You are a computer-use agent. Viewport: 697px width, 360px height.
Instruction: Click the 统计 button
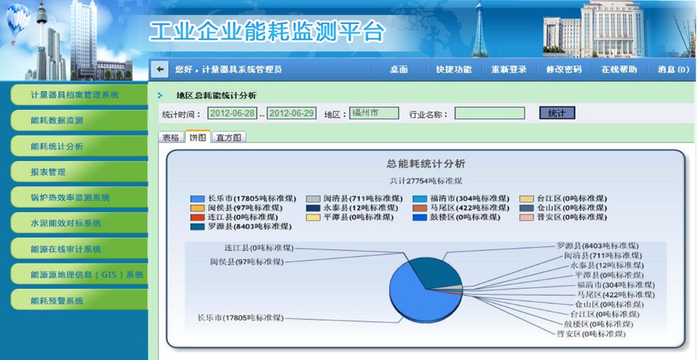pyautogui.click(x=557, y=113)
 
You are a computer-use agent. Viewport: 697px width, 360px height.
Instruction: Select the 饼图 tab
pyautogui.click(x=198, y=137)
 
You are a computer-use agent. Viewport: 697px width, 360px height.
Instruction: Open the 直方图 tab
pyautogui.click(x=228, y=137)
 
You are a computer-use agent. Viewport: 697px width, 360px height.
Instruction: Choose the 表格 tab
pyautogui.click(x=171, y=137)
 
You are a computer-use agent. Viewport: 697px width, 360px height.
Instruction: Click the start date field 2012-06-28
pyautogui.click(x=232, y=113)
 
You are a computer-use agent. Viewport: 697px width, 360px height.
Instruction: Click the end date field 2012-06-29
pyautogui.click(x=291, y=113)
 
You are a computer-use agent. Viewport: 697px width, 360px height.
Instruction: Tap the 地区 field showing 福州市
pyautogui.click(x=374, y=113)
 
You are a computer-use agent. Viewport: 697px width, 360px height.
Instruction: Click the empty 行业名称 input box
pyautogui.click(x=489, y=113)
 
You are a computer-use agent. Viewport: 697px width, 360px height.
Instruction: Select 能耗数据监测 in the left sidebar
pyautogui.click(x=79, y=120)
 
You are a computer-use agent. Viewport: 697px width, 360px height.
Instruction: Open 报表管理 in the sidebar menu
pyautogui.click(x=79, y=172)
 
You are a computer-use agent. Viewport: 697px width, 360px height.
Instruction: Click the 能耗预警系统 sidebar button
pyautogui.click(x=79, y=300)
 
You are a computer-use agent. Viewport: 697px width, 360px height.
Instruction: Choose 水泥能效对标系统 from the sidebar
pyautogui.click(x=79, y=223)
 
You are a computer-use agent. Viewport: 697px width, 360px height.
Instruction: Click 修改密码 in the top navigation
pyautogui.click(x=564, y=69)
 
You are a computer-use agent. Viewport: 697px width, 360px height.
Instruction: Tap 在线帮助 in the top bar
pyautogui.click(x=618, y=69)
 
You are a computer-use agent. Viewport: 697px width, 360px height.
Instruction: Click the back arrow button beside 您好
pyautogui.click(x=160, y=69)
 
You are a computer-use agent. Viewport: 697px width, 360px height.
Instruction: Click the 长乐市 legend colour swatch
pyautogui.click(x=197, y=199)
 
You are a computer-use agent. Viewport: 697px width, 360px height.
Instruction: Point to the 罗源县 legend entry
pyautogui.click(x=241, y=227)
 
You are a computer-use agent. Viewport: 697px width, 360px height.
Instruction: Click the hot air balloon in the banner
pyautogui.click(x=18, y=22)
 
